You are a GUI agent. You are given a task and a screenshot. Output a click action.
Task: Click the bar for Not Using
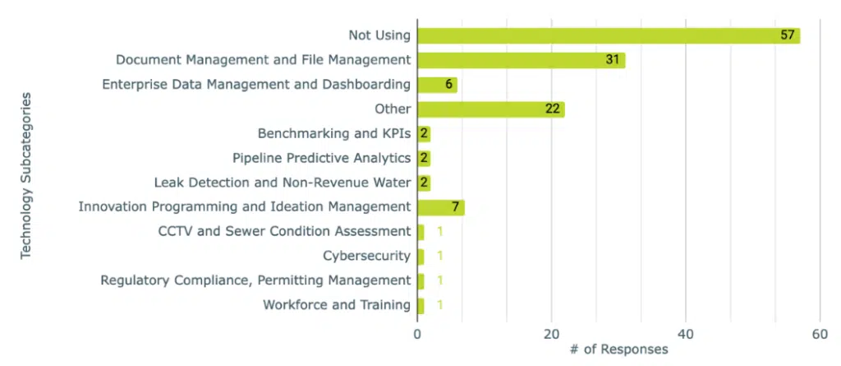[608, 35]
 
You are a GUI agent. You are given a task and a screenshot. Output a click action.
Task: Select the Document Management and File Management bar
[521, 60]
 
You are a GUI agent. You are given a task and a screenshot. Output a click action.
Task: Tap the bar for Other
[490, 109]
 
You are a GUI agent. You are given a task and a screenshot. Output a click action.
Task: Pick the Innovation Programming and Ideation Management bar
[440, 207]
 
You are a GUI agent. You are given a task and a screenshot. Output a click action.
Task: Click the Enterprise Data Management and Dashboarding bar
[437, 85]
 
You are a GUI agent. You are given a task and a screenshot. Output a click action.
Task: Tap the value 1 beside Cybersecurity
[440, 256]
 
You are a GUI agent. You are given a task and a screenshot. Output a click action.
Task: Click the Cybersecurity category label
[366, 256]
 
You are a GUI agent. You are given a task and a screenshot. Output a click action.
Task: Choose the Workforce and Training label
[337, 305]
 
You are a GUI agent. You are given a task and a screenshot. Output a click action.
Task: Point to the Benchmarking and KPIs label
[333, 134]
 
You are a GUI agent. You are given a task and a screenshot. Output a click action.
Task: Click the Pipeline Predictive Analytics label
[321, 158]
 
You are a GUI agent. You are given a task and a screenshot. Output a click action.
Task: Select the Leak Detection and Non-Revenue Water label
[282, 183]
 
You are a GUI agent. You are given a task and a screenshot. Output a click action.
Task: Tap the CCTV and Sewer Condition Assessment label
[283, 231]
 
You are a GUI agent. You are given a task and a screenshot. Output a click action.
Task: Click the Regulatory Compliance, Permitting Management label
[255, 280]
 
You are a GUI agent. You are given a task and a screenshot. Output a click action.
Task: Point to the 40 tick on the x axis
[686, 334]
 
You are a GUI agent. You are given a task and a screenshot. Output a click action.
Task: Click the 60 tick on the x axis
[820, 334]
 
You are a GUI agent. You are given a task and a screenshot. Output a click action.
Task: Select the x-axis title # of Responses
[618, 350]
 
